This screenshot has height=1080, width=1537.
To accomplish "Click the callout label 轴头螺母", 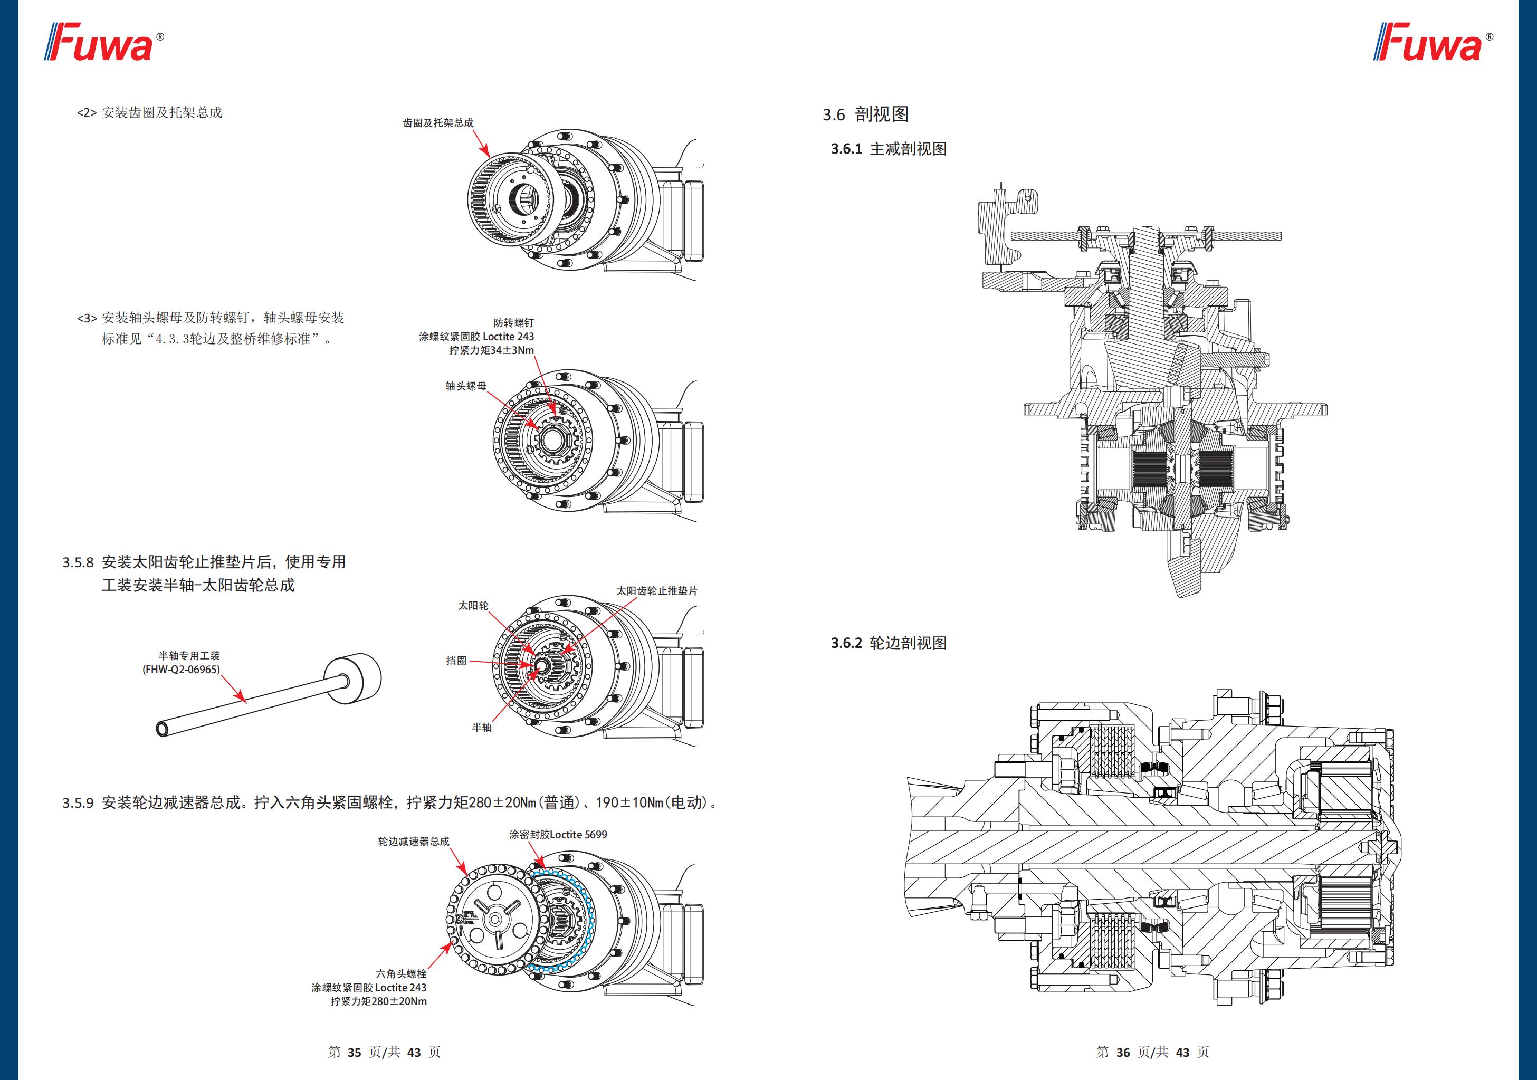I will (x=466, y=386).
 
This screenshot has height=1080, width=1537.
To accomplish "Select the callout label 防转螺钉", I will (x=513, y=323).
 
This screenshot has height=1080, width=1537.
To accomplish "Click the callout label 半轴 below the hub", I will (x=481, y=728).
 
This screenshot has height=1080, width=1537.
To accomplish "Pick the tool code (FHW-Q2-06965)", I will (x=181, y=670).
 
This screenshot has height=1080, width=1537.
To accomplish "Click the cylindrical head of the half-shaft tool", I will (x=354, y=678).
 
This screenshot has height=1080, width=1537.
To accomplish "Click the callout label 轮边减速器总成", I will (x=413, y=842).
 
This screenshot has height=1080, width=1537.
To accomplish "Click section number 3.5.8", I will (x=78, y=562).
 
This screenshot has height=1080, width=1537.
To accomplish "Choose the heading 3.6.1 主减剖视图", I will (x=889, y=149).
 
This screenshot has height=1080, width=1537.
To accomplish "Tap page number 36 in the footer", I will (x=1123, y=1052).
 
